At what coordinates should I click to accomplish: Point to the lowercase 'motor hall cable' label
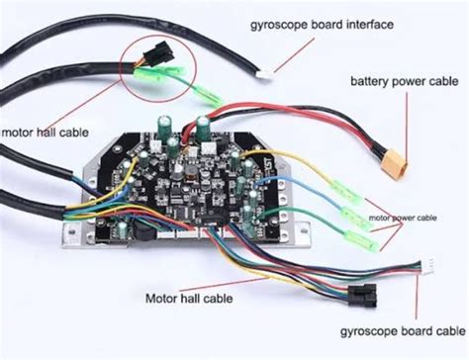coord(44,131)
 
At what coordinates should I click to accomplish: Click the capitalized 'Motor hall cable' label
coord(191,296)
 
